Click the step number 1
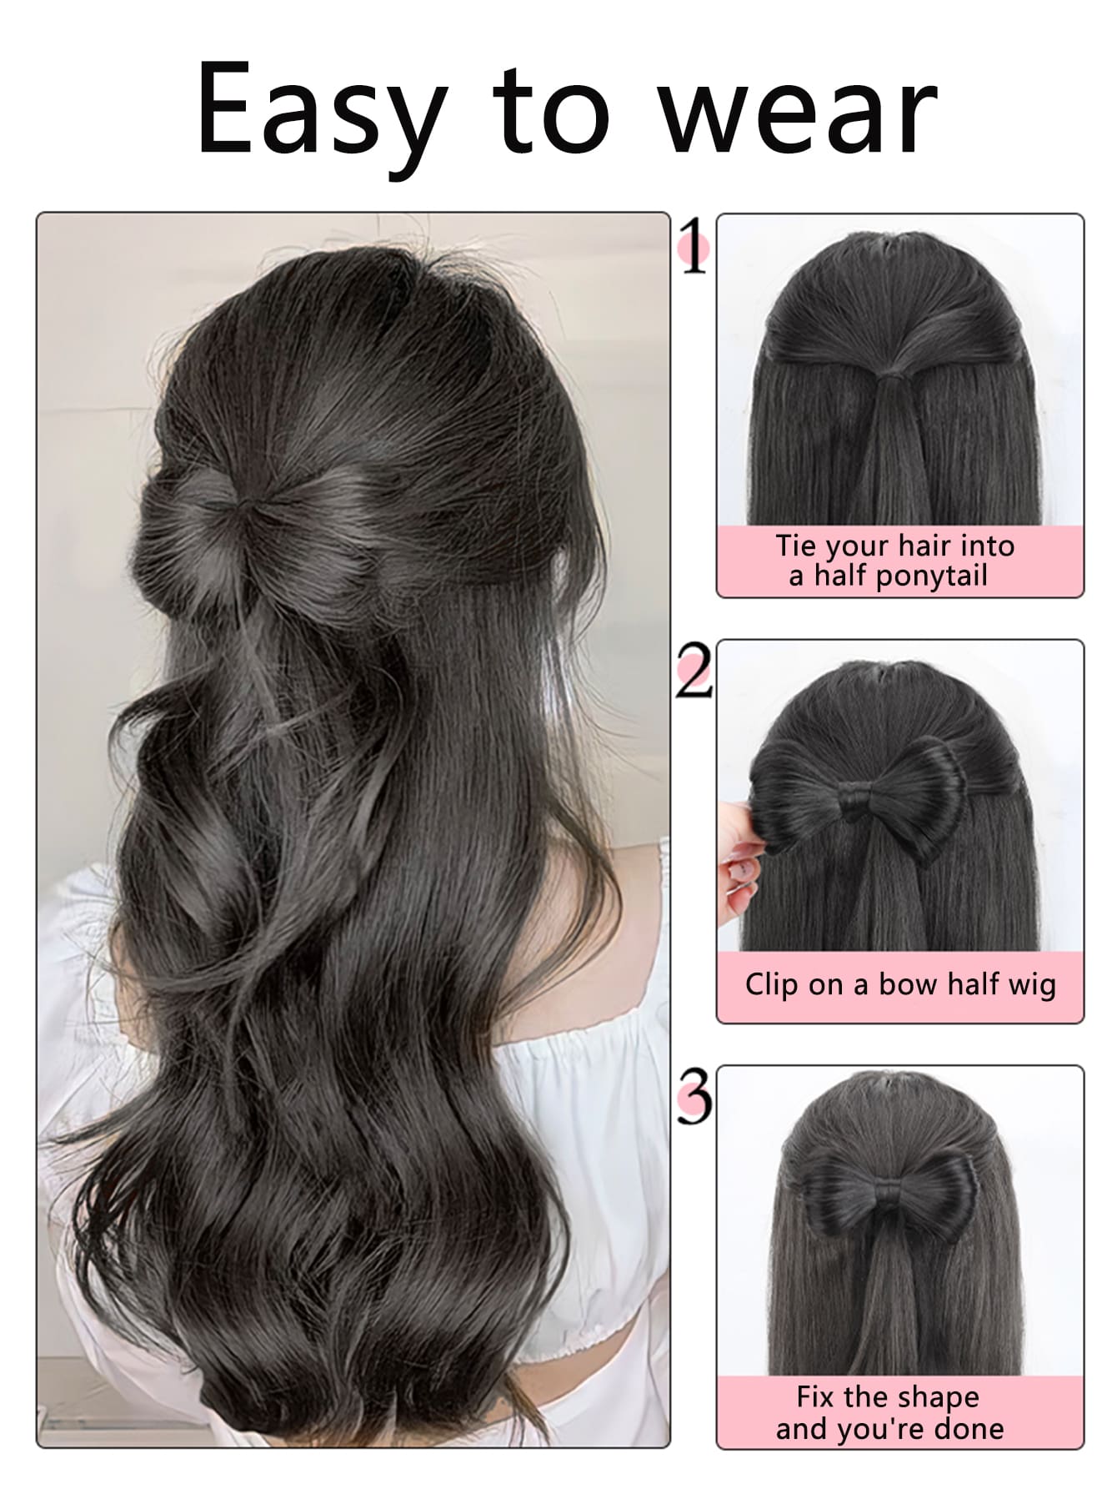coord(694,246)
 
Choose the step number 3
coord(694,1095)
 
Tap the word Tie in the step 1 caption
coord(795,546)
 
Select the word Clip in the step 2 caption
coord(772,984)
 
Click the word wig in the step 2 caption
coord(1031,986)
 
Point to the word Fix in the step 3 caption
coord(815,1396)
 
